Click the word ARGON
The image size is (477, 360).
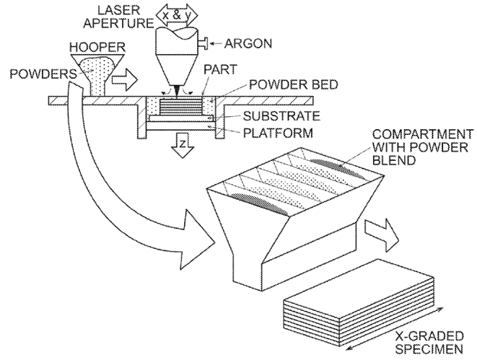(248, 43)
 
